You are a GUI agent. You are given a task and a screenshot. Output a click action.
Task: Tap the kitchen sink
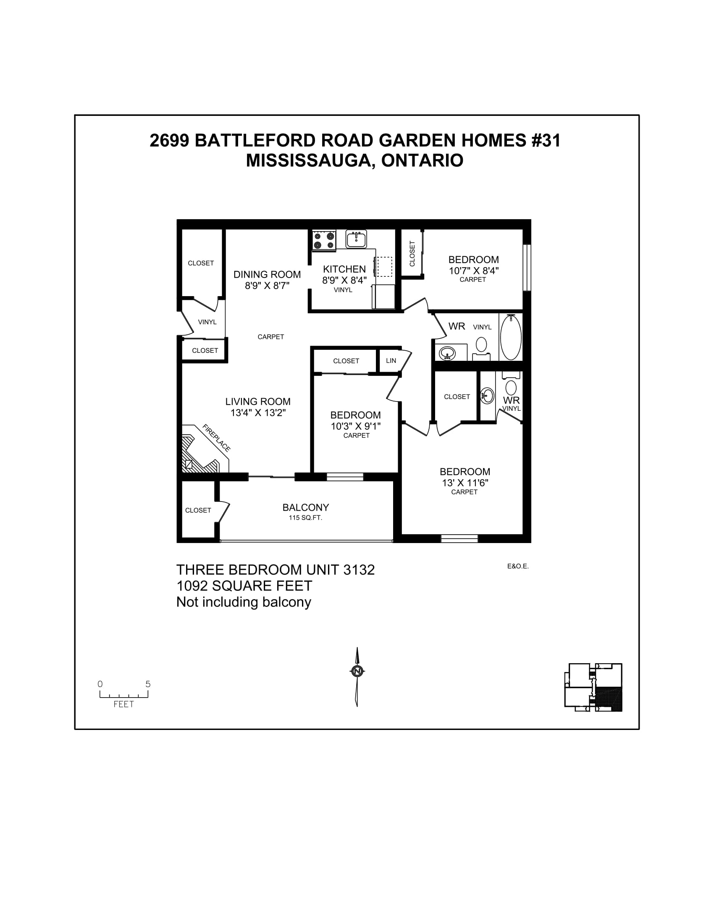[x=356, y=239]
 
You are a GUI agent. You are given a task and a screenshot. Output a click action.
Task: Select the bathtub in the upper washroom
[x=511, y=337]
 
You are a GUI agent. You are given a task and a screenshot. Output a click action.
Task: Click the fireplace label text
[x=217, y=438]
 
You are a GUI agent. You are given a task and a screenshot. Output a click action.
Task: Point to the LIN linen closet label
[x=391, y=360]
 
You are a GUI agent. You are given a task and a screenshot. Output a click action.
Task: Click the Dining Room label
[x=267, y=275]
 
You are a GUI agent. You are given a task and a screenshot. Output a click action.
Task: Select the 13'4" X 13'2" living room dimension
[x=258, y=412]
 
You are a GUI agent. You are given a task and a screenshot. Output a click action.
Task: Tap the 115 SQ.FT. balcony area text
[x=305, y=518]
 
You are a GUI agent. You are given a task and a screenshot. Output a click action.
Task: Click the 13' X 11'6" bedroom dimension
[x=465, y=483]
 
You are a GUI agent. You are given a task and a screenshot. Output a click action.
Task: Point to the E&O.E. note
[x=518, y=566]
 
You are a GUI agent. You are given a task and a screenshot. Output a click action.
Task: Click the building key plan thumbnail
[x=593, y=688]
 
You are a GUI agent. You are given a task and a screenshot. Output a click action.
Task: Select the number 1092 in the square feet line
[x=192, y=586]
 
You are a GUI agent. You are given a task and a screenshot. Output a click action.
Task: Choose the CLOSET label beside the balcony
[x=198, y=510]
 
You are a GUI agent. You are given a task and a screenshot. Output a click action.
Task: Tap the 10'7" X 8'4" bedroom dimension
[x=474, y=270]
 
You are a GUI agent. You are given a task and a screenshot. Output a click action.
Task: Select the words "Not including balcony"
[x=244, y=602]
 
